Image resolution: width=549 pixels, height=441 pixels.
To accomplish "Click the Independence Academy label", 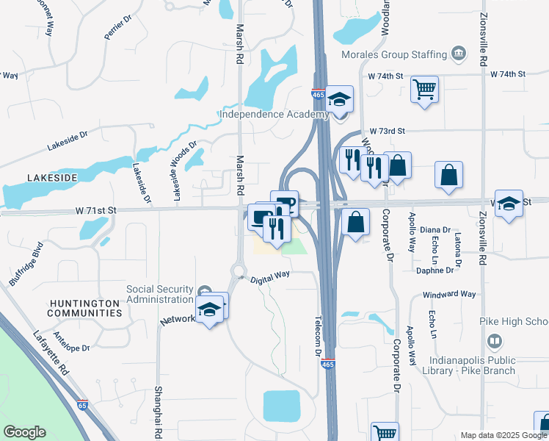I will (274, 114).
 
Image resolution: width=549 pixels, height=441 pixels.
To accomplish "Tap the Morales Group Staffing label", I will (394, 54).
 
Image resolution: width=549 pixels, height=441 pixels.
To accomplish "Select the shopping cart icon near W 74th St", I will (424, 90).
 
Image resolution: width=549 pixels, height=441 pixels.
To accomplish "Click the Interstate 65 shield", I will (84, 404).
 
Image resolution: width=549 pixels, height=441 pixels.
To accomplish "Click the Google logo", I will (24, 432).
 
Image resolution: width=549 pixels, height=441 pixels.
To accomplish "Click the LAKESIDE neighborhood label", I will (52, 178).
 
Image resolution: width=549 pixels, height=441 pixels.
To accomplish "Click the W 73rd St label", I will (388, 130).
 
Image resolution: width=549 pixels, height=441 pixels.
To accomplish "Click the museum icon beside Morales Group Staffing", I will (459, 54).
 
